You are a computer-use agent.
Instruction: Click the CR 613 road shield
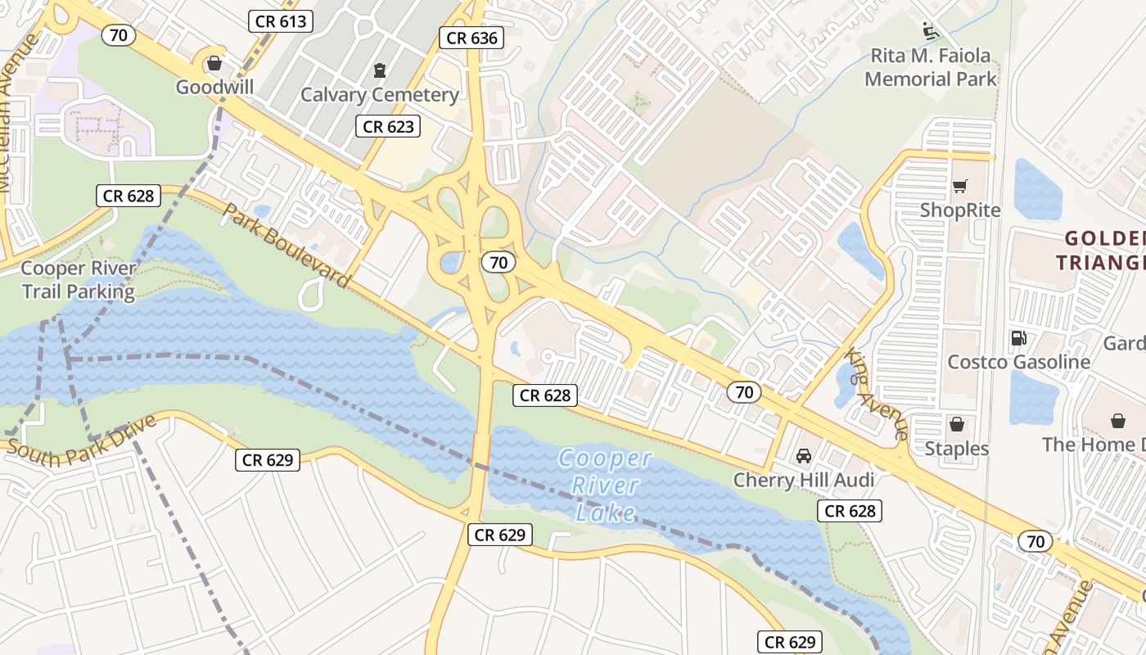click(282, 21)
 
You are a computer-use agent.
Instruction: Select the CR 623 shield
click(390, 126)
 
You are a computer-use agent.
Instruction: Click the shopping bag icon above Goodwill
click(214, 64)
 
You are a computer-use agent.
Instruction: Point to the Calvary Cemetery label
click(380, 95)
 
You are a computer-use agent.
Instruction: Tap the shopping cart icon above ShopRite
click(960, 187)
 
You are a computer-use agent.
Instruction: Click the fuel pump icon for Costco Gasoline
click(1018, 338)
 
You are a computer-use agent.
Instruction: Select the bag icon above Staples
click(956, 424)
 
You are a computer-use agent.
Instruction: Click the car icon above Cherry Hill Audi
click(804, 456)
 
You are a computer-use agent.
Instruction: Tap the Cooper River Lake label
click(606, 486)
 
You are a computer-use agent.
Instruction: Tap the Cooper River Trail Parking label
click(78, 280)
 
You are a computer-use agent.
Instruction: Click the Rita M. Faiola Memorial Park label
click(931, 68)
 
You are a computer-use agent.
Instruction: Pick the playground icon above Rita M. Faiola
click(930, 31)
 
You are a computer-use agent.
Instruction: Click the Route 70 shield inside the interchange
click(498, 263)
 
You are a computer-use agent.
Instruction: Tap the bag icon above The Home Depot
click(1118, 421)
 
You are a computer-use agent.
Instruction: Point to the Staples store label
click(956, 449)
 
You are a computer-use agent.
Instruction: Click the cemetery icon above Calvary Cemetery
click(379, 70)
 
